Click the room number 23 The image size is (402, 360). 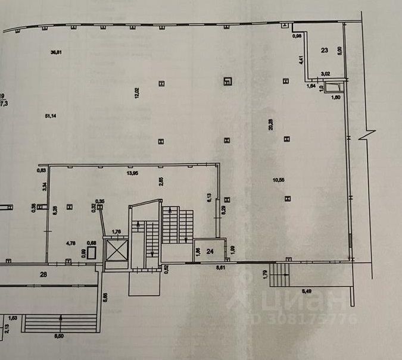pos(325,51)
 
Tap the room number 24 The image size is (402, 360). pos(210,251)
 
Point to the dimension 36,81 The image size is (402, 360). pos(57,52)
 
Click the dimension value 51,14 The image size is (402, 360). pos(51,115)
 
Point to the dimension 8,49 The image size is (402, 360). pos(307,290)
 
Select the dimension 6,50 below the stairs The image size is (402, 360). pos(60,337)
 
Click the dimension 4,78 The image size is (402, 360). pos(70,242)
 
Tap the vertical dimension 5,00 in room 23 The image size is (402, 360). pos(339,51)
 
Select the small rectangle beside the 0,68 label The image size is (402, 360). pos(92,252)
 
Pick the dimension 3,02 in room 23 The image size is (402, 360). pos(326,74)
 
